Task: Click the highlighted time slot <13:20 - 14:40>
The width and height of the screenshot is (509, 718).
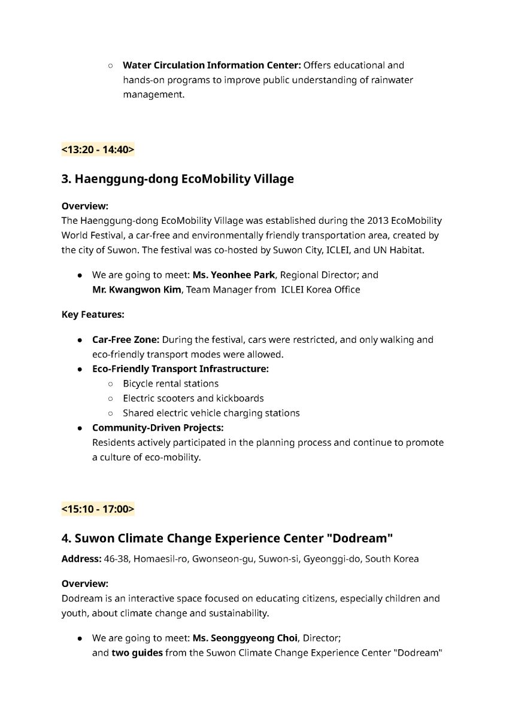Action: click(98, 150)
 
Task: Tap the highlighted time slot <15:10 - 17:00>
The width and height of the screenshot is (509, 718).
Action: click(98, 509)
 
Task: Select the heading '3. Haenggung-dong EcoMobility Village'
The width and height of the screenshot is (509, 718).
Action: click(178, 179)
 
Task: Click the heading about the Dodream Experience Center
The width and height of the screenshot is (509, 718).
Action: click(227, 538)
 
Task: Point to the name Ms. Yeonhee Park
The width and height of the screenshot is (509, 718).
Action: click(234, 275)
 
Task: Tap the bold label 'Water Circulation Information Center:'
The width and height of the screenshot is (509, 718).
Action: click(211, 65)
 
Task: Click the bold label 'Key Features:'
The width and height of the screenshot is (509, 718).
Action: click(93, 314)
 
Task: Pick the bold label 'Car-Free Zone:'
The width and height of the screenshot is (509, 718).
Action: click(125, 340)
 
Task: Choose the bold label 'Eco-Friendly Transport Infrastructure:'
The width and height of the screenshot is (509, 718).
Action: click(180, 369)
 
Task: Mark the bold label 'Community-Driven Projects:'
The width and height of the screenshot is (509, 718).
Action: click(157, 428)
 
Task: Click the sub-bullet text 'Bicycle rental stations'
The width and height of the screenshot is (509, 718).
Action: click(171, 384)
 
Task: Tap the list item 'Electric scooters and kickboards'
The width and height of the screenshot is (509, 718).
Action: click(193, 398)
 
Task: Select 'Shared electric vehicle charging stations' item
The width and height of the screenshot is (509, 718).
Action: click(211, 413)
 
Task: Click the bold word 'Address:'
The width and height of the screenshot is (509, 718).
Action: click(80, 559)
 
